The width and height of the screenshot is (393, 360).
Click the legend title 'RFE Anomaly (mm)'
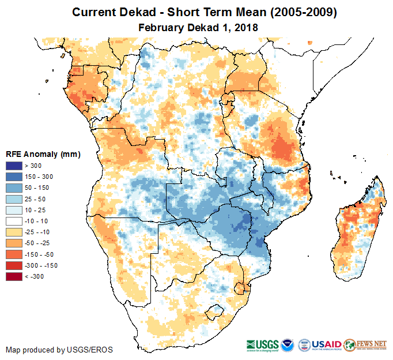tap(43, 155)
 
